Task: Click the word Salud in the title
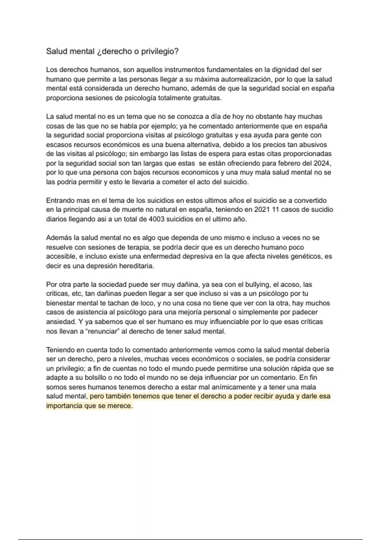pos(57,51)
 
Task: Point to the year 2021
pos(262,210)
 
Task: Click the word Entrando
pos(60,200)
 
